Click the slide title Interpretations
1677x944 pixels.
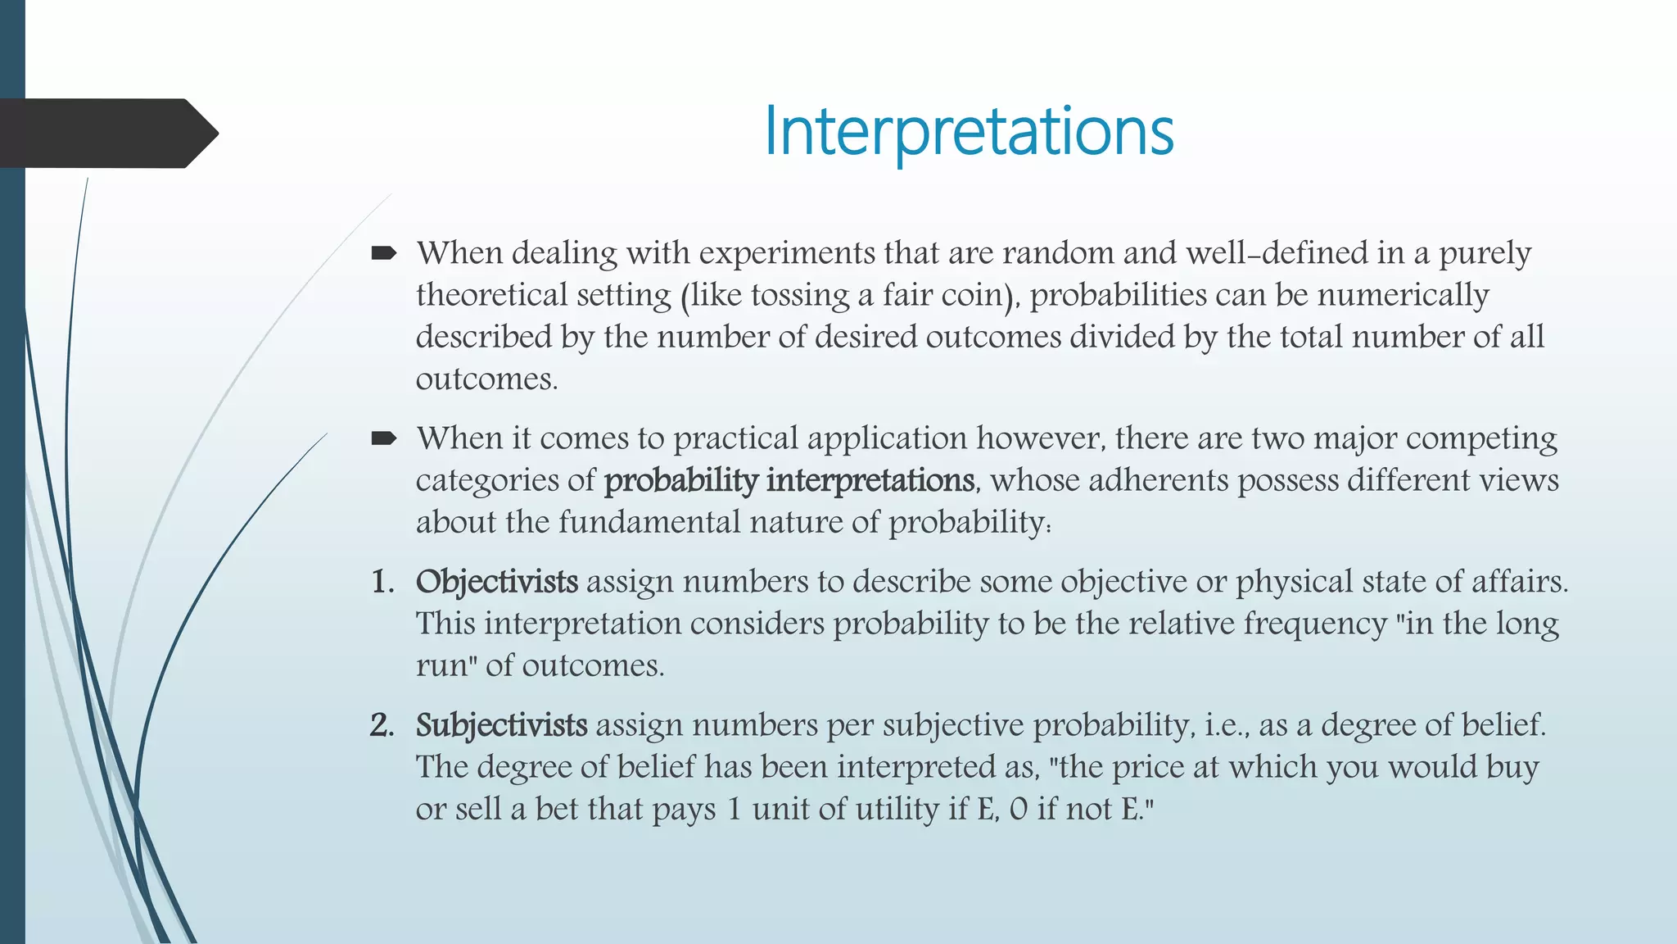[969, 131]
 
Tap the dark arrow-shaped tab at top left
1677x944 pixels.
[106, 134]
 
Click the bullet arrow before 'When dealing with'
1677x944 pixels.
[383, 254]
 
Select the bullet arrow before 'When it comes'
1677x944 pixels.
[383, 439]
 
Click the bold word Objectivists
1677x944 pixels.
[497, 582]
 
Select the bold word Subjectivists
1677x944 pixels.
[501, 725]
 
